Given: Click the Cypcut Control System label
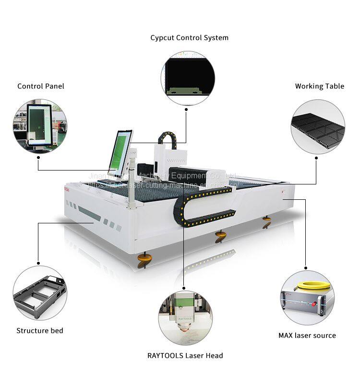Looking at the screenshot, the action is pos(189,37).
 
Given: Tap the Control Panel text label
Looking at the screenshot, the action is pos(41,86).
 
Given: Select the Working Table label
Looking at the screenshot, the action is pos(319,86).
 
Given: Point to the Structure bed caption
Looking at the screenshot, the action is pos(40,330).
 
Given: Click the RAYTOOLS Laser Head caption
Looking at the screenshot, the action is pos(185,356).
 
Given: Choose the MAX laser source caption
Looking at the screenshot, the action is pos(307,335).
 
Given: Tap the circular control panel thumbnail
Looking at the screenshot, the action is pos(40,126).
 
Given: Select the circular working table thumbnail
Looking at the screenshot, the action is pos(318,127).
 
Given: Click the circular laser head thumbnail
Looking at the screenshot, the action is pos(185,318).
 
